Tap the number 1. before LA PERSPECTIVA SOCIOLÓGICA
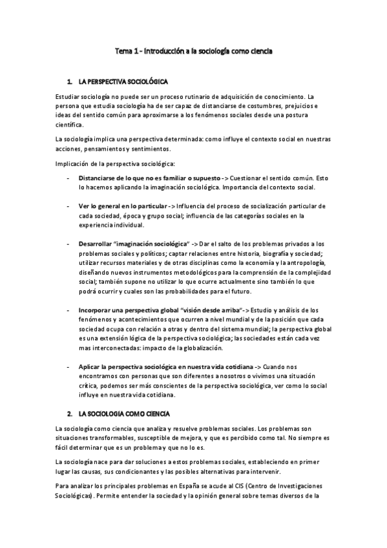[70, 83]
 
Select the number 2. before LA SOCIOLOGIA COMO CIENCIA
[70, 412]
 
